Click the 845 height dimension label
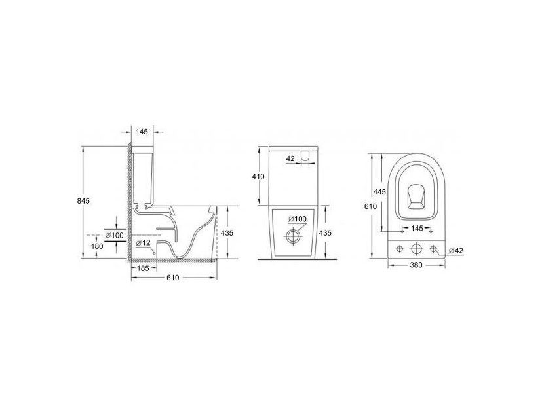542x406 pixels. [x=83, y=201]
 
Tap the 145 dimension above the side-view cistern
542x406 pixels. [x=142, y=132]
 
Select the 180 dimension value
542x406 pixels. [x=97, y=246]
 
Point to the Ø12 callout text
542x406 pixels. [x=144, y=243]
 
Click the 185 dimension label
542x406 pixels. [x=142, y=268]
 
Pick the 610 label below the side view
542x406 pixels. [x=173, y=278]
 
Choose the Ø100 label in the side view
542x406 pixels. [x=115, y=236]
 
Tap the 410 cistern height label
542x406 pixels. [x=258, y=177]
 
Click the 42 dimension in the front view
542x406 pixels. [x=291, y=158]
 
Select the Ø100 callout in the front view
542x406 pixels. [x=298, y=219]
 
